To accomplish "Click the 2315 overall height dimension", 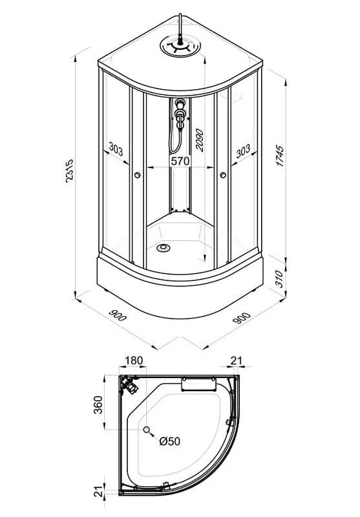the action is tap(69, 171).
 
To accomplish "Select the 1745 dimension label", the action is tap(280, 155).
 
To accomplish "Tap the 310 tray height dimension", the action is tap(279, 279).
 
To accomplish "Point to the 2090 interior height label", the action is tap(200, 140).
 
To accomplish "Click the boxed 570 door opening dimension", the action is tap(180, 161).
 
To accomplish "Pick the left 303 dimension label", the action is tap(116, 149).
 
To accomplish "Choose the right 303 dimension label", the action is tap(243, 151).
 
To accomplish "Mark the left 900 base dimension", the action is tap(118, 315).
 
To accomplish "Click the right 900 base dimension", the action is tap(242, 318).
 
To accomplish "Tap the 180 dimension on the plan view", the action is tap(134, 361).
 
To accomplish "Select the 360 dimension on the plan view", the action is tap(98, 405).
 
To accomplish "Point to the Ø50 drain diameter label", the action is tap(170, 441).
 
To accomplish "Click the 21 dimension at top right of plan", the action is tap(237, 361).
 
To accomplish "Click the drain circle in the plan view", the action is tap(147, 430).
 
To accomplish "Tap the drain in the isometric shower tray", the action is tap(163, 248).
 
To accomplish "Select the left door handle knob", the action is tap(138, 175).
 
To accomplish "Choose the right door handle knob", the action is tap(223, 174).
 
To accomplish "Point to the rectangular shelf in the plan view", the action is tap(199, 385).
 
